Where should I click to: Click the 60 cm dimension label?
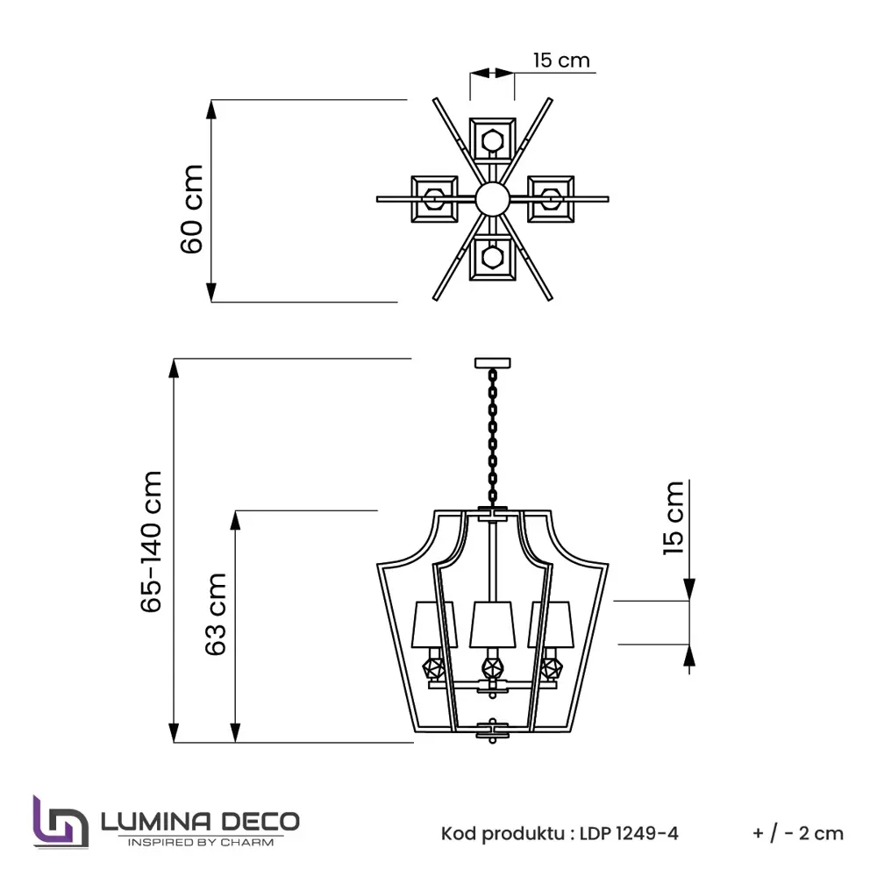(192, 209)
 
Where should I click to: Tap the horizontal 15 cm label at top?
(561, 61)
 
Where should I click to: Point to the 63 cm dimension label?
(216, 614)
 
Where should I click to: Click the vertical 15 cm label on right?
(673, 517)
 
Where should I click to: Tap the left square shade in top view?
(434, 198)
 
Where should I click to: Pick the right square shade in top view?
(551, 197)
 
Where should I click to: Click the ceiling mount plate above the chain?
(492, 361)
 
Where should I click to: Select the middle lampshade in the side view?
(492, 624)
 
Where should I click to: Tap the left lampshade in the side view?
(433, 624)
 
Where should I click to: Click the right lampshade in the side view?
(551, 624)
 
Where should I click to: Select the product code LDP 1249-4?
(629, 833)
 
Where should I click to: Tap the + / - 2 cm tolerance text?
(797, 833)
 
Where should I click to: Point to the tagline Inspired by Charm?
(201, 843)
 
